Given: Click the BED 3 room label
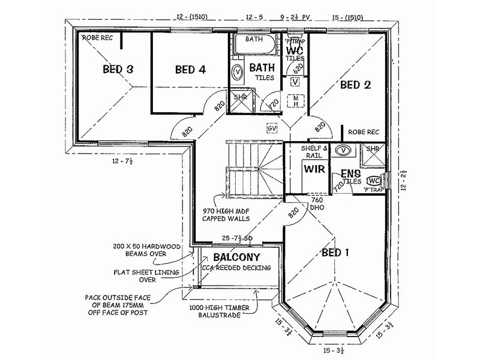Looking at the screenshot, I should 118,69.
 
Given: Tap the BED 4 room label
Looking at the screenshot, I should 190,70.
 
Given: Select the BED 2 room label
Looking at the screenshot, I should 355,85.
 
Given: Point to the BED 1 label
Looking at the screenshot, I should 335,252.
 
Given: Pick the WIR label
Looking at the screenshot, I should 314,169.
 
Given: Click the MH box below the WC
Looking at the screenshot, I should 295,100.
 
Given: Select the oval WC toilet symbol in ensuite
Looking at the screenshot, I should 373,180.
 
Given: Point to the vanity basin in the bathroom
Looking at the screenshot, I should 238,71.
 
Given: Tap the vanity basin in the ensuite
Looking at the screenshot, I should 342,150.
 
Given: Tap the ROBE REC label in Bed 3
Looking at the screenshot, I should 97,38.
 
